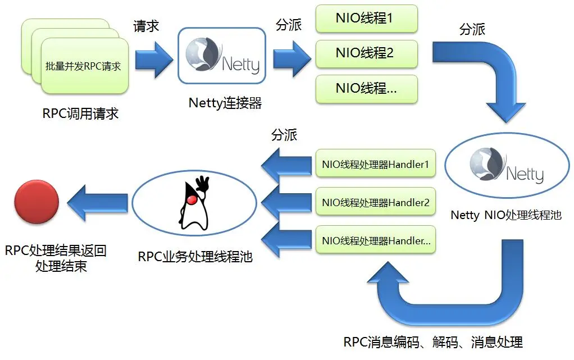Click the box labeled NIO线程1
tap(366, 19)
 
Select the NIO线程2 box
tap(366, 53)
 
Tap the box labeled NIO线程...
tap(366, 89)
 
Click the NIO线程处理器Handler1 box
tap(375, 165)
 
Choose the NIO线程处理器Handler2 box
tap(375, 202)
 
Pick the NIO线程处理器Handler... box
tap(375, 240)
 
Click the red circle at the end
tap(37, 202)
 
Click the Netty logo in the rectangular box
tap(221, 55)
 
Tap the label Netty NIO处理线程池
tap(506, 215)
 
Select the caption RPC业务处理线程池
tap(195, 257)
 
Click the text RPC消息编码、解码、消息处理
tap(432, 341)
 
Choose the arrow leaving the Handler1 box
tap(286, 165)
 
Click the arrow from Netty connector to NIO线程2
tap(291, 56)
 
